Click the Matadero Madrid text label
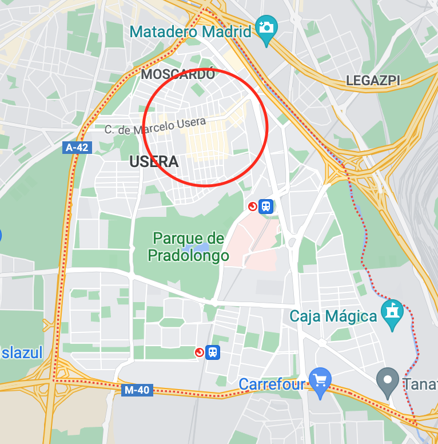tap(190, 31)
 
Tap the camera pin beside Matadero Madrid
tap(266, 27)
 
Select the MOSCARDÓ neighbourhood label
tap(178, 74)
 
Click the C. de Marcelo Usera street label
tap(155, 126)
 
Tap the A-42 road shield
tap(77, 148)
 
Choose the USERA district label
tap(154, 162)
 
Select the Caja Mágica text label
tap(333, 316)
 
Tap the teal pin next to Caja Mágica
tap(392, 312)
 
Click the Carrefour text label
tap(272, 384)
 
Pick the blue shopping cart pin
tap(320, 380)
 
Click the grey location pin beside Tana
tap(388, 379)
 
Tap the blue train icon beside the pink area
tap(265, 207)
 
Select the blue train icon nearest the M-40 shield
tap(213, 352)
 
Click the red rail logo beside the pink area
tap(252, 207)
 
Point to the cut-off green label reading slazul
tap(22, 353)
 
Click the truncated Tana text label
tap(423, 384)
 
